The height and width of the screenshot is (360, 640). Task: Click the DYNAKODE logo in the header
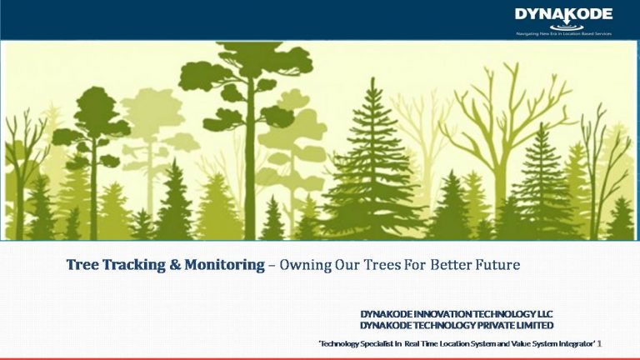562,15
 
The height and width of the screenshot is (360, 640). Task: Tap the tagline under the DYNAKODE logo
562,32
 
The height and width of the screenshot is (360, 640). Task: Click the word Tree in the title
83,266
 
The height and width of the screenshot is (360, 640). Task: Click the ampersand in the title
173,266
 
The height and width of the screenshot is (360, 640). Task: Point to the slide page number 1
600,343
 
